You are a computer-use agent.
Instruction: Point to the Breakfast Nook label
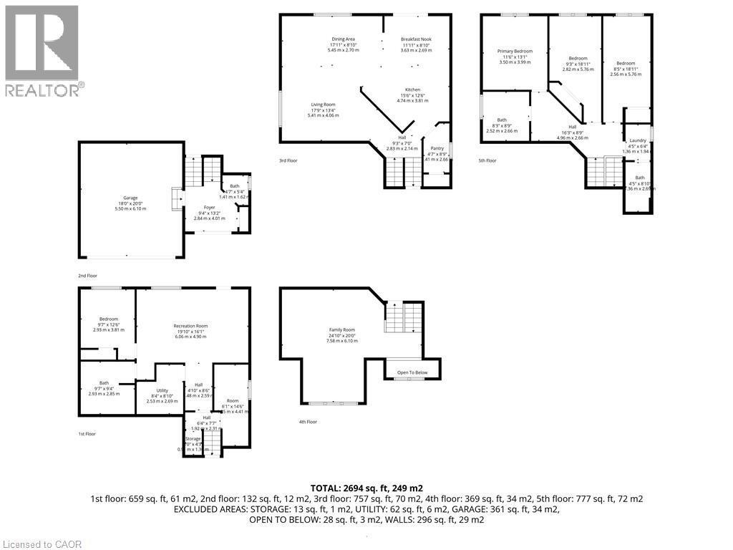point(416,39)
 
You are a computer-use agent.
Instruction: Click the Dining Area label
point(343,39)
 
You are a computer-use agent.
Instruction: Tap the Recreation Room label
point(190,326)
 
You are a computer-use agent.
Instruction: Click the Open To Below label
point(412,372)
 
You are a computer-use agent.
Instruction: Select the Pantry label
point(437,148)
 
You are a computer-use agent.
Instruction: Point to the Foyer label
point(210,207)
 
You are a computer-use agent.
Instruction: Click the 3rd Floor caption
point(288,160)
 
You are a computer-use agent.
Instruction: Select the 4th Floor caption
point(307,422)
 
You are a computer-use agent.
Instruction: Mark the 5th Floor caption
point(487,160)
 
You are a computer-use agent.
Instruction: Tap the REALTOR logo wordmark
point(43,90)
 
